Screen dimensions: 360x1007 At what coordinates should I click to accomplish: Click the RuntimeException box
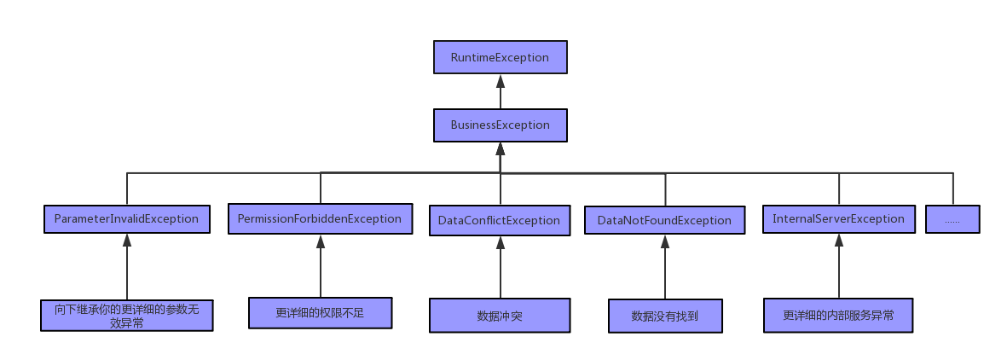[x=500, y=58]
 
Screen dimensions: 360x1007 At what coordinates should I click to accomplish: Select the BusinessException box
[x=500, y=125]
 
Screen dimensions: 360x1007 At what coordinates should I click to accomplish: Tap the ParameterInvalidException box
[x=126, y=218]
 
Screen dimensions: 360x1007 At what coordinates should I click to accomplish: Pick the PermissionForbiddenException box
[x=320, y=218]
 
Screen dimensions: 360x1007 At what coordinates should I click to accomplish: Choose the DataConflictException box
[x=499, y=220]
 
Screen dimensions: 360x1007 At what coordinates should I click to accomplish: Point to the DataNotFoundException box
[x=664, y=220]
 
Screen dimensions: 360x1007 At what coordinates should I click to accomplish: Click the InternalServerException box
[x=838, y=218]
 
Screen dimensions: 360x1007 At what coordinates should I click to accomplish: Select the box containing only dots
[x=952, y=219]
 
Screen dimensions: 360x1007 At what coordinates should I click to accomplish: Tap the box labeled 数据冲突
[x=499, y=316]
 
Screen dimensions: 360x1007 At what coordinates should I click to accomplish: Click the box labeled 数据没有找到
[x=664, y=316]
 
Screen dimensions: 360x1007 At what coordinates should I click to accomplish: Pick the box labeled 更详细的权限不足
[x=320, y=313]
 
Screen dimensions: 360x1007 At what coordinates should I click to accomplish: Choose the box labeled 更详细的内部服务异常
[x=838, y=315]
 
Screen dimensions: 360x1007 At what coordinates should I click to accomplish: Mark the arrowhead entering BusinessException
[x=501, y=148]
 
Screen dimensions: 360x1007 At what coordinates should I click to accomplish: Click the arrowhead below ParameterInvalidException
[x=127, y=240]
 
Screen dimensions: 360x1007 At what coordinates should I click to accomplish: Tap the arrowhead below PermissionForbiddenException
[x=321, y=241]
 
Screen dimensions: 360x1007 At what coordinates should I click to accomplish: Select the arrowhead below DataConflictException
[x=501, y=241]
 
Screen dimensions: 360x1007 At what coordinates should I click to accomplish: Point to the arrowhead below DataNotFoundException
[x=665, y=241]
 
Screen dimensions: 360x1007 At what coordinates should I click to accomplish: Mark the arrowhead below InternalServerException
[x=839, y=241]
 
